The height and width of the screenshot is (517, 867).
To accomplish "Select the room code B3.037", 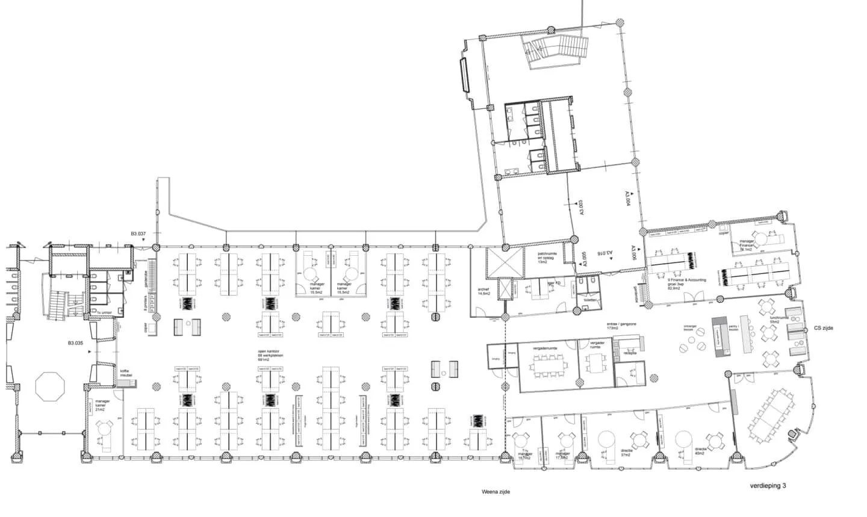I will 138,234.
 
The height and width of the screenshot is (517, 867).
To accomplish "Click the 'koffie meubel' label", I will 125,373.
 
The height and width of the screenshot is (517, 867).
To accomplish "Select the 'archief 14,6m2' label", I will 483,292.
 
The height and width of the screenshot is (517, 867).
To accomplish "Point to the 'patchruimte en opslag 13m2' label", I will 546,258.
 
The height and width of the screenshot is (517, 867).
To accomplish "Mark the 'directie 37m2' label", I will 627,451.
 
